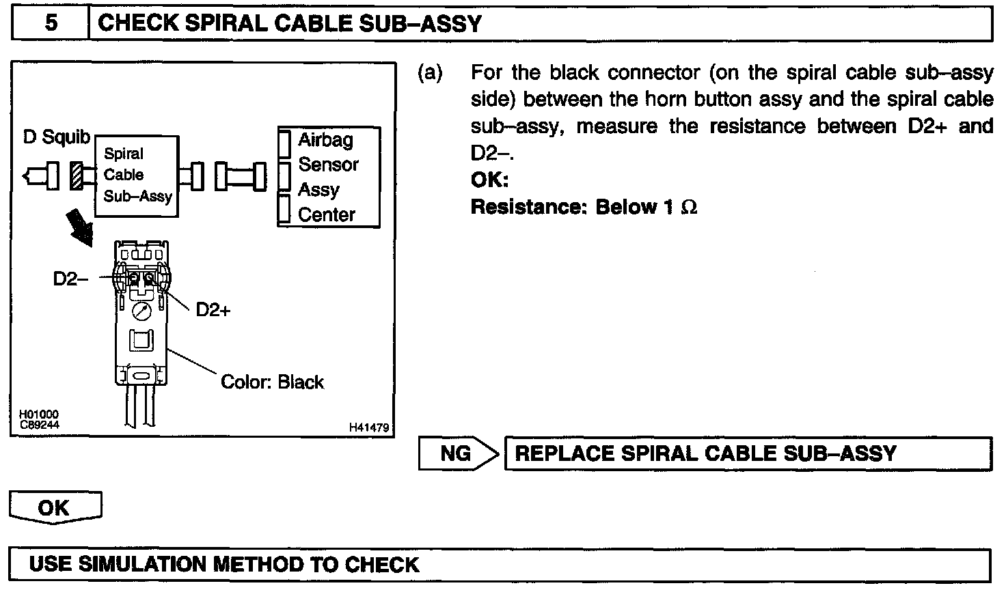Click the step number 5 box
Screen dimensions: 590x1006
[x=51, y=24]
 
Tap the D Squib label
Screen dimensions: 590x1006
[x=56, y=137]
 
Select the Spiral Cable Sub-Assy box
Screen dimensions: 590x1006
[x=137, y=175]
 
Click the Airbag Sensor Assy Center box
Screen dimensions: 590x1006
[x=327, y=177]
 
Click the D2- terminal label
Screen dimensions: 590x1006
[x=70, y=279]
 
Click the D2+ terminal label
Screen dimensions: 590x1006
[x=213, y=310]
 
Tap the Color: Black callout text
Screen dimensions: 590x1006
[x=272, y=382]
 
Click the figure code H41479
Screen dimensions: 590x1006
[x=368, y=427]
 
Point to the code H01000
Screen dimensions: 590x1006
[x=39, y=415]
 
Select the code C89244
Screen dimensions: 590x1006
[x=39, y=424]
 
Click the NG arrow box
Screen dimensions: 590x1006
[x=458, y=453]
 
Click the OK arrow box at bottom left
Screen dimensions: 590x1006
[x=54, y=508]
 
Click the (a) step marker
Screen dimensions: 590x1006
[x=430, y=72]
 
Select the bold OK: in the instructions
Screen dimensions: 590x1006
[x=489, y=180]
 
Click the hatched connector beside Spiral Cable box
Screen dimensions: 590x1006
[x=77, y=177]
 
